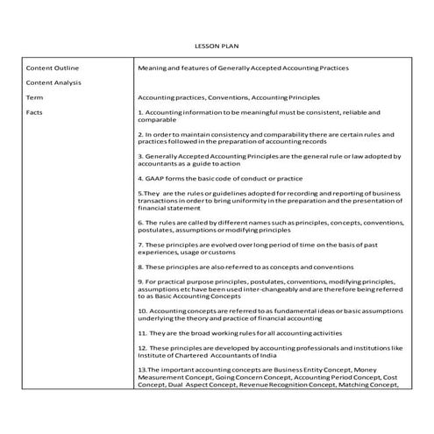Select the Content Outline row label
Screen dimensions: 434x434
tap(52, 68)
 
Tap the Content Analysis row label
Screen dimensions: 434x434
tap(53, 82)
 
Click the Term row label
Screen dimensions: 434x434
tap(34, 97)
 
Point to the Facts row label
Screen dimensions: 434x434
tap(34, 112)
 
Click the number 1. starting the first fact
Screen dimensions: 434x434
tap(140, 112)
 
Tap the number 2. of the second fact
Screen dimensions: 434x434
tap(140, 134)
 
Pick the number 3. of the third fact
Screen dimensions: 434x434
tap(140, 156)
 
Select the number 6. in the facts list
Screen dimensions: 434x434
tap(140, 222)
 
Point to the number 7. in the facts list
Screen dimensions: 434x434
tap(140, 244)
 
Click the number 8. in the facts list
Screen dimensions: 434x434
tap(140, 266)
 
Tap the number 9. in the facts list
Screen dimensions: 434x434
tap(140, 281)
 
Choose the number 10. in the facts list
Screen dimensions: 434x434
tap(142, 310)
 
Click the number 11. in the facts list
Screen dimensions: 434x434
tap(142, 332)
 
